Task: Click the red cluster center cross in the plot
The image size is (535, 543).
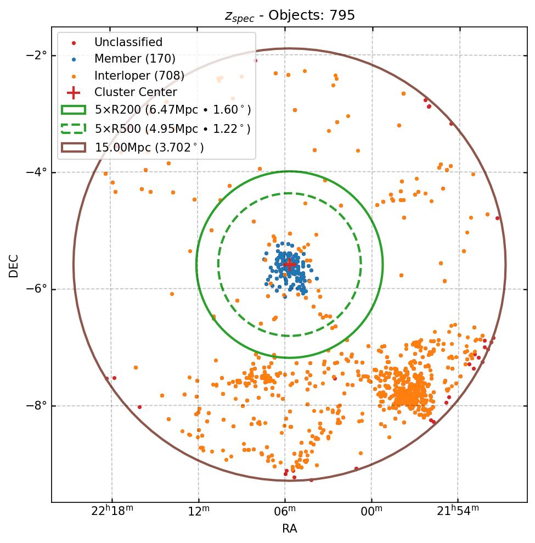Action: click(x=289, y=265)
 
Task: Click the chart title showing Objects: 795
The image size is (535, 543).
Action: click(x=290, y=15)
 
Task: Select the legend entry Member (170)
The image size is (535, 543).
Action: click(x=134, y=59)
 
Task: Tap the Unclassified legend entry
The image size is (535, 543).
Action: click(x=128, y=42)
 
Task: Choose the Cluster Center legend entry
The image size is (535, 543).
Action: click(x=135, y=92)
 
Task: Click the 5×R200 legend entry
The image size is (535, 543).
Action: click(x=172, y=110)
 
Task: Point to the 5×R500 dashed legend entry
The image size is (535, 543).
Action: click(x=172, y=128)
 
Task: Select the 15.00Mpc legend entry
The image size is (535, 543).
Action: click(x=149, y=147)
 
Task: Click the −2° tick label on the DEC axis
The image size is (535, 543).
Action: click(x=37, y=55)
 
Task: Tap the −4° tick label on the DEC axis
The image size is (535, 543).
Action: click(x=37, y=172)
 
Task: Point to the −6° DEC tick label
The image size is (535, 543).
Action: click(x=37, y=289)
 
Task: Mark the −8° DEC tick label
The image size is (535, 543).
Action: click(x=37, y=406)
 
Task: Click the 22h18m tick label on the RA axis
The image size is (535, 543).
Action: click(x=112, y=511)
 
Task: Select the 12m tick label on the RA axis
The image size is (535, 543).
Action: click(x=198, y=512)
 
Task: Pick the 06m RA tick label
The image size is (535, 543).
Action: click(x=285, y=512)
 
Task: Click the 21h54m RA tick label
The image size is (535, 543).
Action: click(x=457, y=511)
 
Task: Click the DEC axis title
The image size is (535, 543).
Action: click(x=14, y=265)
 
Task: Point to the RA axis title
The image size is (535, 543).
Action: click(x=290, y=529)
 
